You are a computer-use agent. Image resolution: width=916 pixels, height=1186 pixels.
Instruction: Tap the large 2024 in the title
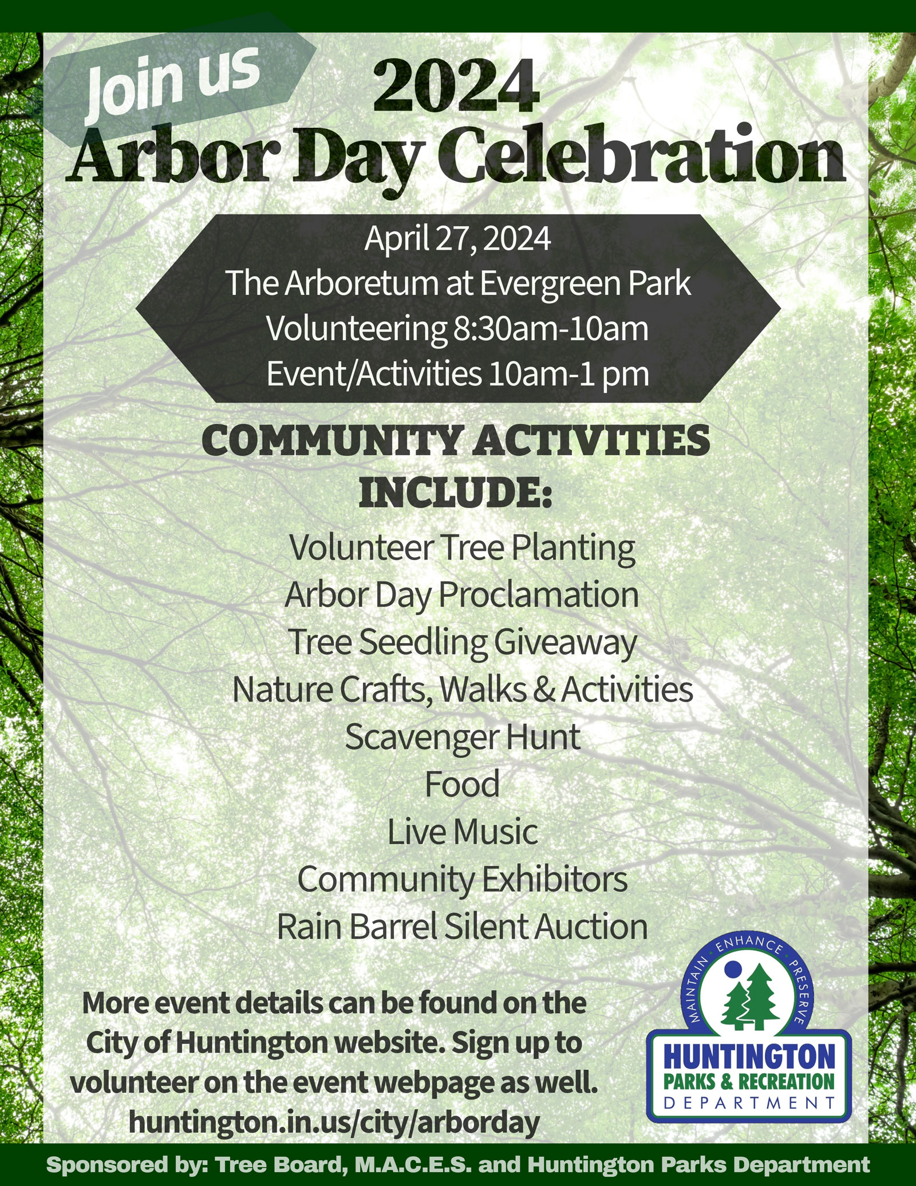coord(456,87)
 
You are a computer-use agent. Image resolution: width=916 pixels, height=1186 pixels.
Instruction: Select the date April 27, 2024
coord(457,239)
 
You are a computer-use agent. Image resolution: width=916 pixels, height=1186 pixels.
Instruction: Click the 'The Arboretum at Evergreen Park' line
coord(458,283)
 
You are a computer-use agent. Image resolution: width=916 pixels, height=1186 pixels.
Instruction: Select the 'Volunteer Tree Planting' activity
coord(462,547)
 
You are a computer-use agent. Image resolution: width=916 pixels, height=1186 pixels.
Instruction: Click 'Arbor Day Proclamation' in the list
coord(461,594)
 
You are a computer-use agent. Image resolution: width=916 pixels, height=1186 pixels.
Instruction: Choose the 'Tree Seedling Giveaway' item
coord(462,642)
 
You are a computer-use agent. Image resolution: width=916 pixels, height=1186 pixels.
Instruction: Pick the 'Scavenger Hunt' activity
coord(463,736)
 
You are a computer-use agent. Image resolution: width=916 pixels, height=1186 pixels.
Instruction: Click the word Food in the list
coord(462,784)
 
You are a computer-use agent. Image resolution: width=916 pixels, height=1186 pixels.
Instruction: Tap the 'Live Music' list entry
coord(463,832)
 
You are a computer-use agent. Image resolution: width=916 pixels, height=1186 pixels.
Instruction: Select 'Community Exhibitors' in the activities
coord(463,879)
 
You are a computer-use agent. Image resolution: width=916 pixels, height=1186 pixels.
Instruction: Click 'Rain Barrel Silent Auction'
coord(462,927)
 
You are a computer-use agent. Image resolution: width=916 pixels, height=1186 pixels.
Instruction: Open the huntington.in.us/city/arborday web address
coord(334,1121)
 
